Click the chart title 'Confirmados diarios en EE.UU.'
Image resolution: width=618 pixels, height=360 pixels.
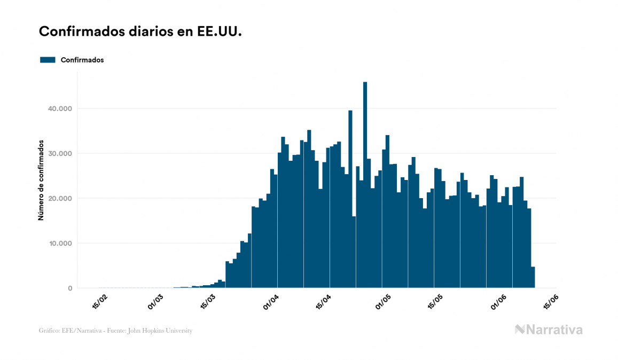[140, 32]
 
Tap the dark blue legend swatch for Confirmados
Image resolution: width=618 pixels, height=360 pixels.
[48, 60]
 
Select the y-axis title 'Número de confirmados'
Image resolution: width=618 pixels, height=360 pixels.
[41, 180]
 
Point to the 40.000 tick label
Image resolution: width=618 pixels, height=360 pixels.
[60, 109]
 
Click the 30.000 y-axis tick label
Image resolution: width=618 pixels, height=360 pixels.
[60, 154]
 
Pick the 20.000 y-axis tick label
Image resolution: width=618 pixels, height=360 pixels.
[60, 199]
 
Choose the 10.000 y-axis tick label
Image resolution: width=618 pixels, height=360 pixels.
[60, 244]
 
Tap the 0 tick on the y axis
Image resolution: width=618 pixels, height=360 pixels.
[69, 288]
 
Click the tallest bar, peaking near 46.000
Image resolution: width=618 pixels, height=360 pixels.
[365, 187]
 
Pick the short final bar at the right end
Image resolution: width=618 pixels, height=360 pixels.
[533, 278]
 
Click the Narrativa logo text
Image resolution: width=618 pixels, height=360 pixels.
[554, 330]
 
